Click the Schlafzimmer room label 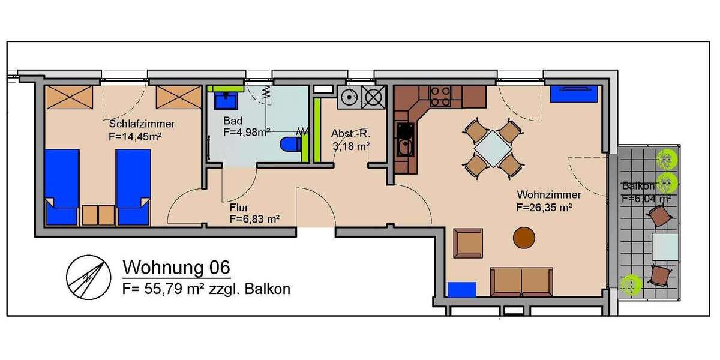pyautogui.click(x=142, y=124)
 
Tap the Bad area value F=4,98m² pyautogui.click(x=246, y=133)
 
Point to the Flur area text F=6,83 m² pyautogui.click(x=254, y=220)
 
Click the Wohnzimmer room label pyautogui.click(x=548, y=195)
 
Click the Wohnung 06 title pyautogui.click(x=176, y=266)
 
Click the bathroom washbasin pyautogui.click(x=228, y=98)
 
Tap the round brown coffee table pyautogui.click(x=524, y=238)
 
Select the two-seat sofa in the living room pyautogui.click(x=521, y=280)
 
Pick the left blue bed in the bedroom pyautogui.click(x=62, y=186)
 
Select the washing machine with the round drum pyautogui.click(x=347, y=97)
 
